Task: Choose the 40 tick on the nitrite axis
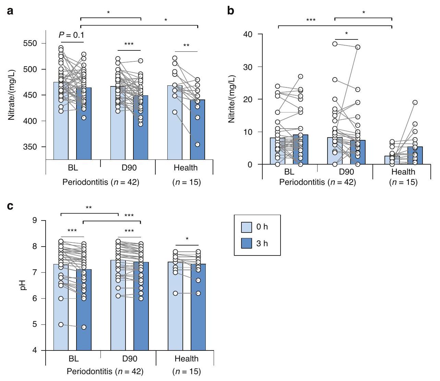tap(247, 34)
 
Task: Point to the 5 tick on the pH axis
tap(35, 324)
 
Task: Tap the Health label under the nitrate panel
tap(186, 168)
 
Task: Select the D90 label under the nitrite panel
tap(346, 171)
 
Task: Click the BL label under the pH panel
tap(73, 358)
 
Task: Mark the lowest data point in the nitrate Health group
tap(198, 144)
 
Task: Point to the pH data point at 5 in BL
tap(61, 324)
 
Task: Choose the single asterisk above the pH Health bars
tap(187, 239)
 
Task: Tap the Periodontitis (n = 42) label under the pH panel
tap(105, 371)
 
